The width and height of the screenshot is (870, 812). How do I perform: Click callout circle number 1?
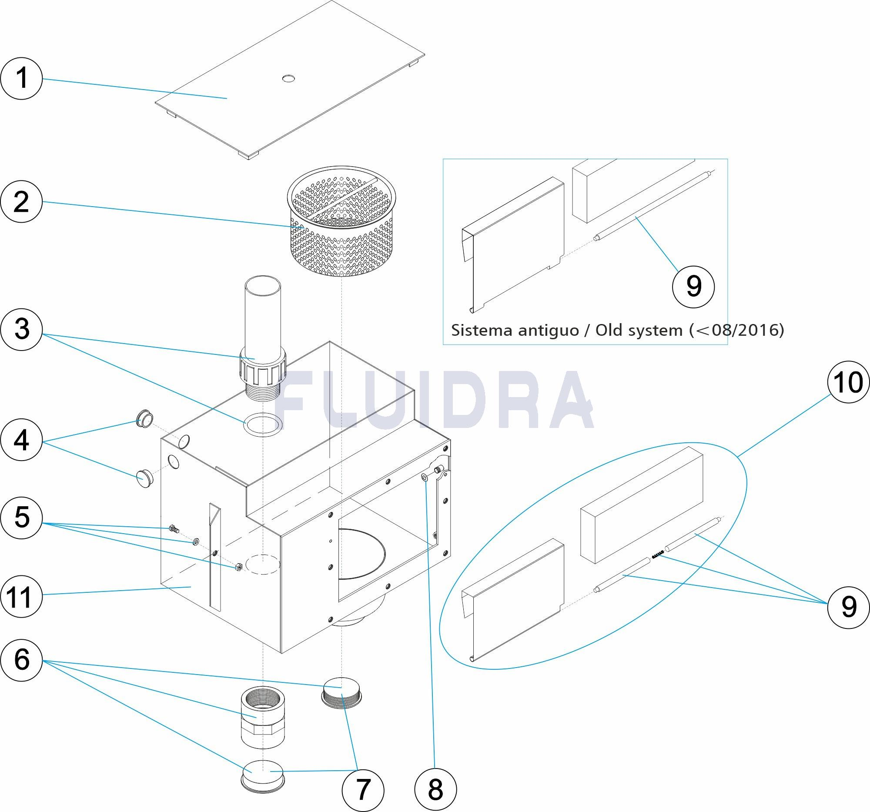coord(21,79)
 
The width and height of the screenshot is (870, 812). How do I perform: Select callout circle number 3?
coord(21,329)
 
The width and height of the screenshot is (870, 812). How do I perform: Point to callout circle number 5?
coord(21,517)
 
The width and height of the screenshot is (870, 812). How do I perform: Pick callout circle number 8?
coord(435,790)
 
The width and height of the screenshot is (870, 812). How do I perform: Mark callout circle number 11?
coord(21,597)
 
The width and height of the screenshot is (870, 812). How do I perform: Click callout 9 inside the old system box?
coord(693,287)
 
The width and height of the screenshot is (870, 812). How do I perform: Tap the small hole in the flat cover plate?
coord(288,79)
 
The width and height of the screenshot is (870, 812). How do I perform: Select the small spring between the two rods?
coord(658,555)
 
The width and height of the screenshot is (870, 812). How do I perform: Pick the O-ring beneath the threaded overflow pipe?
coord(263,424)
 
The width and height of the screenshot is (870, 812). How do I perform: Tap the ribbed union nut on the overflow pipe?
coord(262,368)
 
